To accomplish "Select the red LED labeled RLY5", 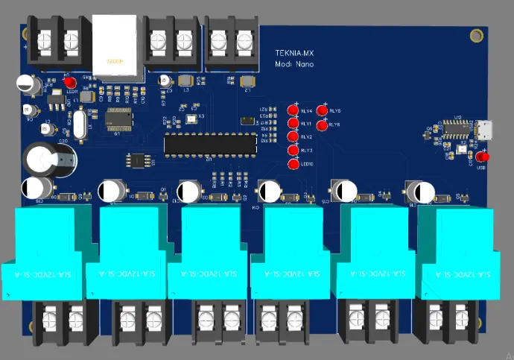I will pyautogui.click(x=323, y=111).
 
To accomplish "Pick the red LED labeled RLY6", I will pyautogui.click(x=322, y=124).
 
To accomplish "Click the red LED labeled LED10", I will pyautogui.click(x=294, y=164).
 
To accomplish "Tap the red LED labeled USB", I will pyautogui.click(x=483, y=158).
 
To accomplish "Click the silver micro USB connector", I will pyautogui.click(x=485, y=132).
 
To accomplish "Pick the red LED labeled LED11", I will pyautogui.click(x=69, y=82).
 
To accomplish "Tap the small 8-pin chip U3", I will pyautogui.click(x=139, y=160).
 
